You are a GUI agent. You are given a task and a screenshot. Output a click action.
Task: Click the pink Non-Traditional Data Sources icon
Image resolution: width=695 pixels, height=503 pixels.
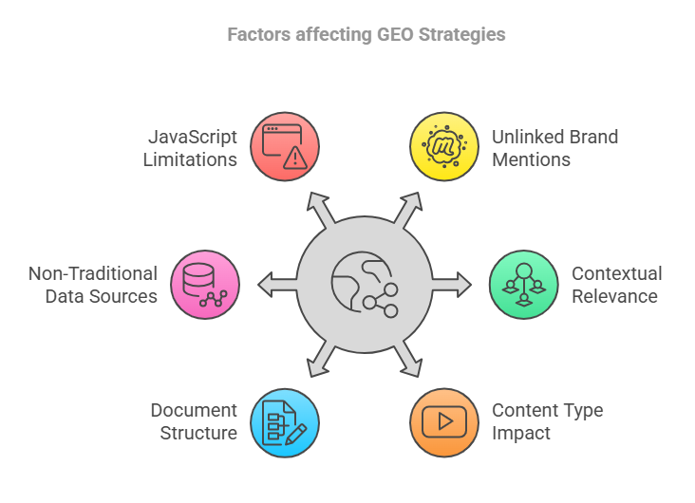tap(205, 284)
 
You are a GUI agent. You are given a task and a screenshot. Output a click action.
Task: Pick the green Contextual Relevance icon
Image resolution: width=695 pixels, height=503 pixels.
tap(523, 284)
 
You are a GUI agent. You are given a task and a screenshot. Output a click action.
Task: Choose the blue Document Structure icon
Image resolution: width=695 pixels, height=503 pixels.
tap(285, 422)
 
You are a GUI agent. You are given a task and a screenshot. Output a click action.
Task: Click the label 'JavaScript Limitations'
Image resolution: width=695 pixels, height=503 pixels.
tap(190, 148)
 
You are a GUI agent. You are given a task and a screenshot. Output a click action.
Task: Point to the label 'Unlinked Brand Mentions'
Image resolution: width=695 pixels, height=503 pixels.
tap(554, 148)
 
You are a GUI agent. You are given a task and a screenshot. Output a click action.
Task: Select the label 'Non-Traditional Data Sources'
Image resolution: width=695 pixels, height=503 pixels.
tap(93, 285)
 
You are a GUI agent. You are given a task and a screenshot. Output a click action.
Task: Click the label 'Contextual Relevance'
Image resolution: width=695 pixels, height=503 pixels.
tap(616, 285)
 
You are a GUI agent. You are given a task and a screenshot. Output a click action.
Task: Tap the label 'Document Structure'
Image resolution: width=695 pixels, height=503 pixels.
tap(194, 422)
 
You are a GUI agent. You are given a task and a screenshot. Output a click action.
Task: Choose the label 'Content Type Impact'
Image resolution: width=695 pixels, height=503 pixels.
tap(547, 422)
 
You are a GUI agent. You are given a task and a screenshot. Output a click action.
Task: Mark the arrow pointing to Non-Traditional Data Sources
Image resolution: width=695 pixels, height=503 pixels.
tap(275, 283)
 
